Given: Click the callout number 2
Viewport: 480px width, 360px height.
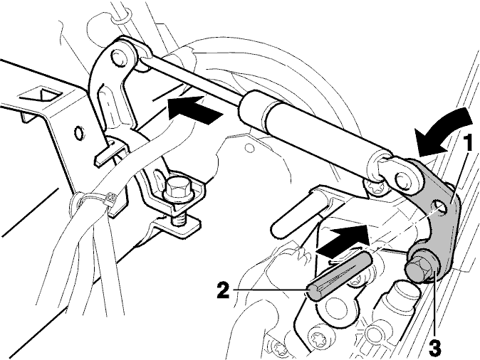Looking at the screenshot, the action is tap(223, 290).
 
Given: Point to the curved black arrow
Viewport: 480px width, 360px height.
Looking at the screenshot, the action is tap(444, 129).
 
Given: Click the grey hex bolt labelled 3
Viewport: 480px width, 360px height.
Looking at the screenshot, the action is tap(420, 265).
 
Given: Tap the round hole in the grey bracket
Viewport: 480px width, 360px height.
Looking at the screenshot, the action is tap(441, 207).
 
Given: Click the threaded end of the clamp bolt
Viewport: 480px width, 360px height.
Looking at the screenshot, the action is tap(177, 220).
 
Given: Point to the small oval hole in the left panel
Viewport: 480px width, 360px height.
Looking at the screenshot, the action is tap(78, 132).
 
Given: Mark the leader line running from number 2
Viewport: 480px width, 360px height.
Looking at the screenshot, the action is tap(270, 290).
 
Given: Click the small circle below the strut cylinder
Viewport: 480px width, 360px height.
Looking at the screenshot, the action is tap(250, 149).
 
